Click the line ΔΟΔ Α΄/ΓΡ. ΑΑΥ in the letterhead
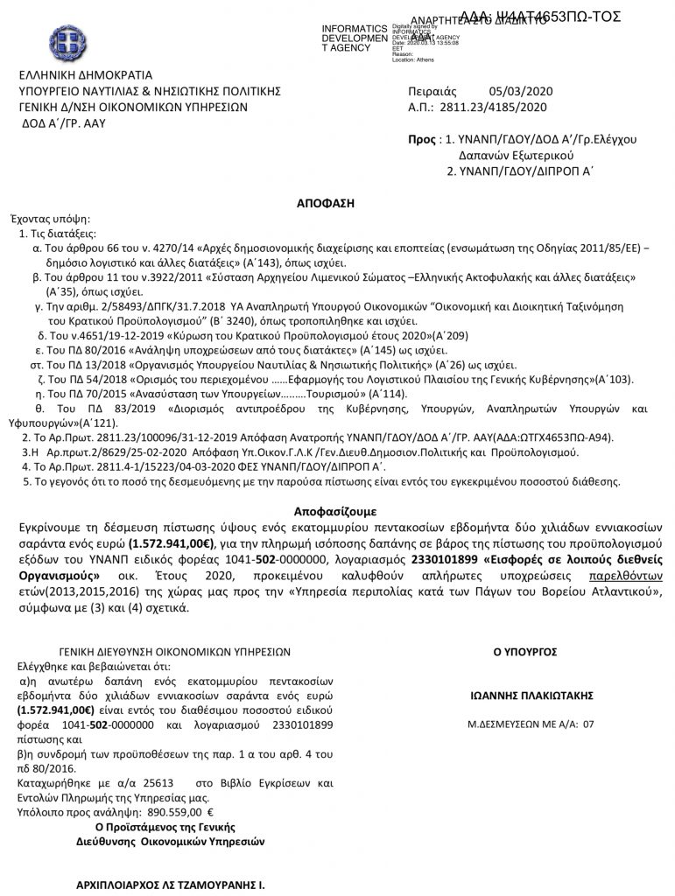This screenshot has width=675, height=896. pos(66,122)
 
